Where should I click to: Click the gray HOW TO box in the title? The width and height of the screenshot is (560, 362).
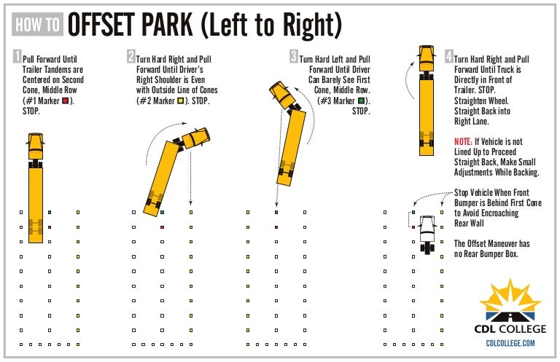tap(38, 25)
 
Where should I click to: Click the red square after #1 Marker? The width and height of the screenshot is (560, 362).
tap(65, 101)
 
